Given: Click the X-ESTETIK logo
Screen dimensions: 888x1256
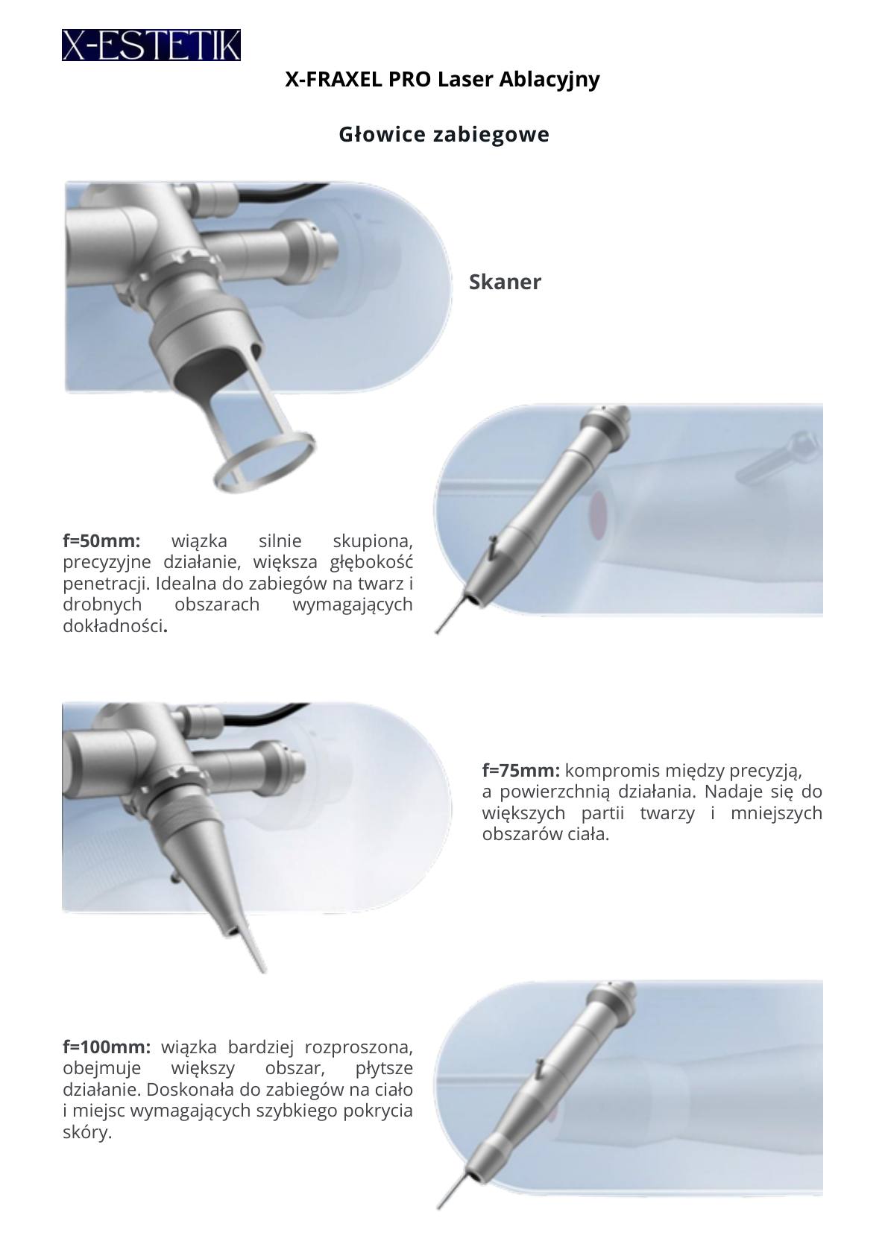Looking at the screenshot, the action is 151,45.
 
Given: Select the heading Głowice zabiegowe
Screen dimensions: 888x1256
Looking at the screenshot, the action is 444,135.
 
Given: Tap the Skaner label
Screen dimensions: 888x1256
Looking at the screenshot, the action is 505,282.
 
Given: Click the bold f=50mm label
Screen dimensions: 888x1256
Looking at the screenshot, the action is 101,541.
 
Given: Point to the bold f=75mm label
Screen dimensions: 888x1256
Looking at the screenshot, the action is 520,771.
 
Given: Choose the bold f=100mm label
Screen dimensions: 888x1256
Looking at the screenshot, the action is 107,1047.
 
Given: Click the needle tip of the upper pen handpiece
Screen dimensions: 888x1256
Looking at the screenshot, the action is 438,633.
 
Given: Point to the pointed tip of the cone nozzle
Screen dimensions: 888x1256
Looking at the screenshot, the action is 264,972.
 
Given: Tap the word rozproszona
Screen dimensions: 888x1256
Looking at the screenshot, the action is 359,1047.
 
